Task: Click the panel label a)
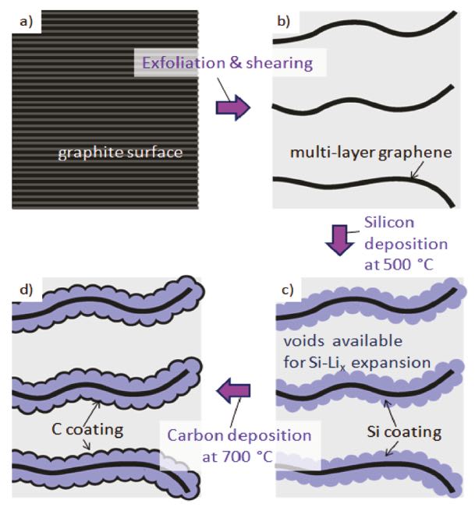coord(26,22)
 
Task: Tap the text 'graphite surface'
coord(120,153)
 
